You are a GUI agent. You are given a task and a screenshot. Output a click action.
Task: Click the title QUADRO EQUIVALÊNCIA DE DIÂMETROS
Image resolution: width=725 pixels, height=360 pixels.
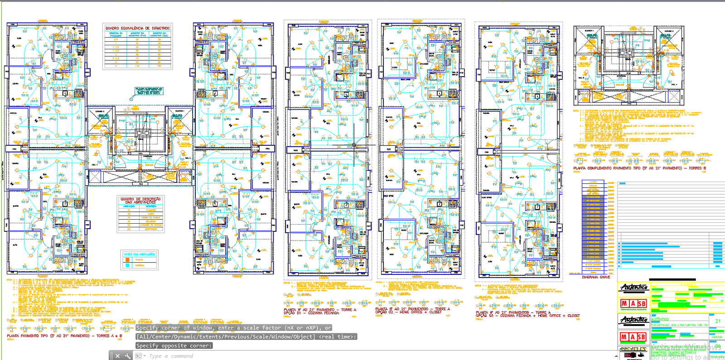(138, 28)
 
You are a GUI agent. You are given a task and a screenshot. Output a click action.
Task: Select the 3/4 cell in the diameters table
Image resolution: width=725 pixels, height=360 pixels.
(116, 39)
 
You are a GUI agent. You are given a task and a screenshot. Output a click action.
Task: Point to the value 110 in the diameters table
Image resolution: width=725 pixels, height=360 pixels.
(138, 66)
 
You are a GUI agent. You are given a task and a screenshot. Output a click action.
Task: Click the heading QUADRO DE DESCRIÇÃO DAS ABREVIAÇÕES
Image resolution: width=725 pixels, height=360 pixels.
(140, 200)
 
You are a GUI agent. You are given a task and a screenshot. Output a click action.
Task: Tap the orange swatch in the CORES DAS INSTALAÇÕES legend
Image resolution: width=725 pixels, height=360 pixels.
(128, 260)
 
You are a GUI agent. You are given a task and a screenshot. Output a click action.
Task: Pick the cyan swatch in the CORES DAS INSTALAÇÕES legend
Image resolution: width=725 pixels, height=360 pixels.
(128, 265)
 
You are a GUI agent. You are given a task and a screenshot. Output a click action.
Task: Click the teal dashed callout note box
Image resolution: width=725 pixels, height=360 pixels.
(148, 91)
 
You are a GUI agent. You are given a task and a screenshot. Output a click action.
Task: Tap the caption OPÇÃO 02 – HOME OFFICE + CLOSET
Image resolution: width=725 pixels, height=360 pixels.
(408, 312)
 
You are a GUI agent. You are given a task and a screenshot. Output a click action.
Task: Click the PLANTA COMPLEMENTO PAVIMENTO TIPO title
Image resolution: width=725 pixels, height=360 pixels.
(639, 168)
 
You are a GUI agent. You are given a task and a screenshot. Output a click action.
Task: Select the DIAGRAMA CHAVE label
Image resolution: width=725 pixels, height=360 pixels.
(596, 277)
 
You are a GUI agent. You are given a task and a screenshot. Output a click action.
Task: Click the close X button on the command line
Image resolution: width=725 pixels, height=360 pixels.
(117, 356)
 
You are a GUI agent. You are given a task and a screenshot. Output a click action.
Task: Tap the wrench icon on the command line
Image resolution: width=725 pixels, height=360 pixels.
(128, 356)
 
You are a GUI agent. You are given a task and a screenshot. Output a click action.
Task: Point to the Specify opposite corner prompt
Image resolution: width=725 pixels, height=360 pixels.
(174, 346)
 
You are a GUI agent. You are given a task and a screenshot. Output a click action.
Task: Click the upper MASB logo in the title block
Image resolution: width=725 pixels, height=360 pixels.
(633, 303)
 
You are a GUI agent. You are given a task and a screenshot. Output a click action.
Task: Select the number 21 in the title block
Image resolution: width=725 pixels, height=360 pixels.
(718, 321)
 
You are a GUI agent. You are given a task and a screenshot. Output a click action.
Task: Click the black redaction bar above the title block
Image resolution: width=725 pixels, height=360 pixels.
(672, 280)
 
